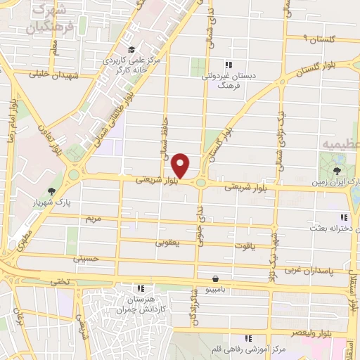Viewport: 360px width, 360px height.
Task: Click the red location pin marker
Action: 181,166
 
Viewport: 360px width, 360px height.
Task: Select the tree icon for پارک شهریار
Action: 51,191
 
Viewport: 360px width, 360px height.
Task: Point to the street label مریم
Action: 94,219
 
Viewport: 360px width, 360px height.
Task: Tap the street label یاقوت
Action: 252,246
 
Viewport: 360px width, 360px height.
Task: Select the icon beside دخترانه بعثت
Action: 343,218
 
